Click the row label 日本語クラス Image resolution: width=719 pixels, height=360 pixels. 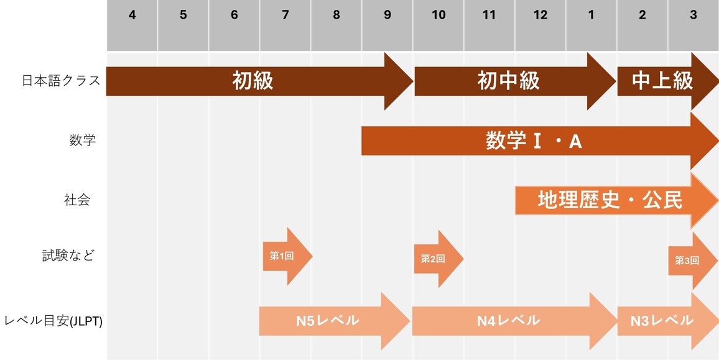coord(61,81)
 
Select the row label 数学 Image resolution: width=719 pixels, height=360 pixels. coord(83,141)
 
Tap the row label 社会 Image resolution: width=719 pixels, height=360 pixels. coord(77,200)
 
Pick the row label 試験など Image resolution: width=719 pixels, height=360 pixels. coord(68,256)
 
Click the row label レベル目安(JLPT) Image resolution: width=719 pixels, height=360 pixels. coord(53,321)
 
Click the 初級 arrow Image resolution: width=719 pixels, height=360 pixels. coord(254,81)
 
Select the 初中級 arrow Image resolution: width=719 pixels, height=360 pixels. coord(509,81)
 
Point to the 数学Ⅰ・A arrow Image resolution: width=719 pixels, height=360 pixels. coord(534,141)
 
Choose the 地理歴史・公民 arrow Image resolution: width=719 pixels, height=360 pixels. coord(610,200)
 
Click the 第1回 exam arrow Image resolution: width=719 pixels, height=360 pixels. coord(283,256)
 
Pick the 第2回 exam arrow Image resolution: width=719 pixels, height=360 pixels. coord(434,259)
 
